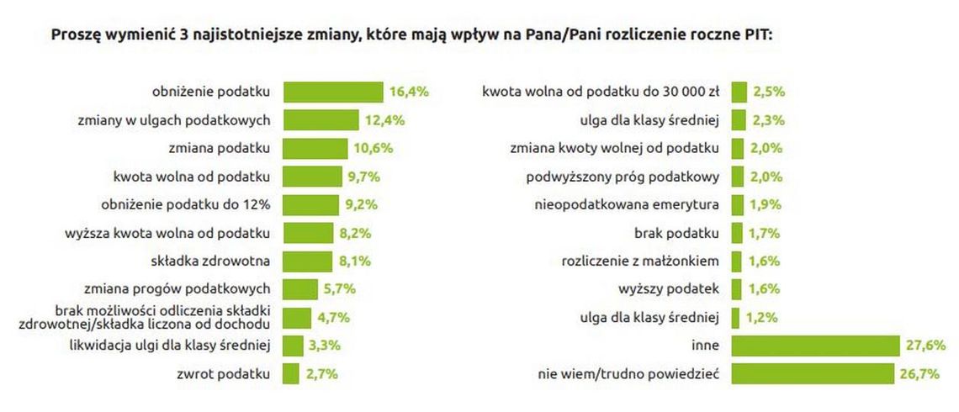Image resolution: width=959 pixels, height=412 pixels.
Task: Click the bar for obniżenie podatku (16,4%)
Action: tap(333, 92)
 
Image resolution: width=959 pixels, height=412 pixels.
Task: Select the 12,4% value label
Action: tap(384, 120)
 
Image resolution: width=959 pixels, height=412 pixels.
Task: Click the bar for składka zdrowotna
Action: tap(308, 261)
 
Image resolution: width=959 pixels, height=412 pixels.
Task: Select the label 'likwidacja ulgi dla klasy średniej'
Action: tap(168, 346)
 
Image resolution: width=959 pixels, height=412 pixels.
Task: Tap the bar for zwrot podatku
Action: tap(291, 373)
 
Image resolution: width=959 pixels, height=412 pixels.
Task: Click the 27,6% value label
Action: tap(926, 346)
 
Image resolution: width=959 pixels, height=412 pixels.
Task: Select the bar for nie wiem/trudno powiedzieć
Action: tap(812, 373)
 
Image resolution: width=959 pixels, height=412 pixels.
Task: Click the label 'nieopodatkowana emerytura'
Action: tap(627, 204)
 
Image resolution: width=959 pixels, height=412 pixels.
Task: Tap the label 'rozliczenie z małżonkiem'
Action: tap(640, 261)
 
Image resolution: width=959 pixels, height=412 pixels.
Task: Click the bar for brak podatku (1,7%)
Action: tap(737, 233)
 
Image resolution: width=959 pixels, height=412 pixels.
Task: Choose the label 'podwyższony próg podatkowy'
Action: tap(623, 177)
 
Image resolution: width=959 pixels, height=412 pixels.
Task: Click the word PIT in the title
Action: tap(758, 36)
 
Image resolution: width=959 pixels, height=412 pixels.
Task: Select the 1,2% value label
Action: tap(761, 317)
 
